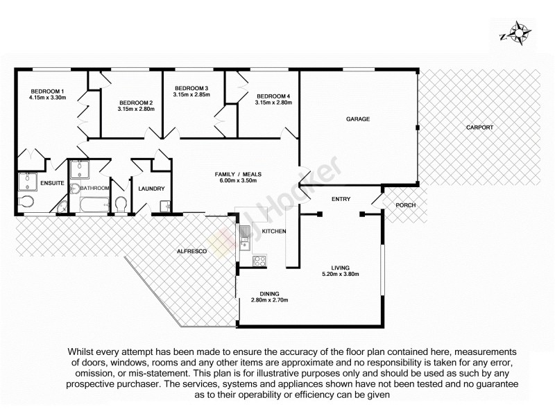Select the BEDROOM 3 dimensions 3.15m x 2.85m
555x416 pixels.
click(x=191, y=95)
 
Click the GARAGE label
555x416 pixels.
click(x=358, y=119)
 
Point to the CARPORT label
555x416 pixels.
click(x=479, y=128)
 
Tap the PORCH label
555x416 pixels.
click(x=404, y=205)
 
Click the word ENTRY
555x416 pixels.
click(x=341, y=199)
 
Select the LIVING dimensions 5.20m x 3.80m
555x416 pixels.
click(x=340, y=274)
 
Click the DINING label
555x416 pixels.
click(x=269, y=293)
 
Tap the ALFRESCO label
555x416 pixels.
click(x=191, y=250)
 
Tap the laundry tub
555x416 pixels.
click(x=166, y=206)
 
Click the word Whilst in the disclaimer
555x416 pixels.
click(x=84, y=351)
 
